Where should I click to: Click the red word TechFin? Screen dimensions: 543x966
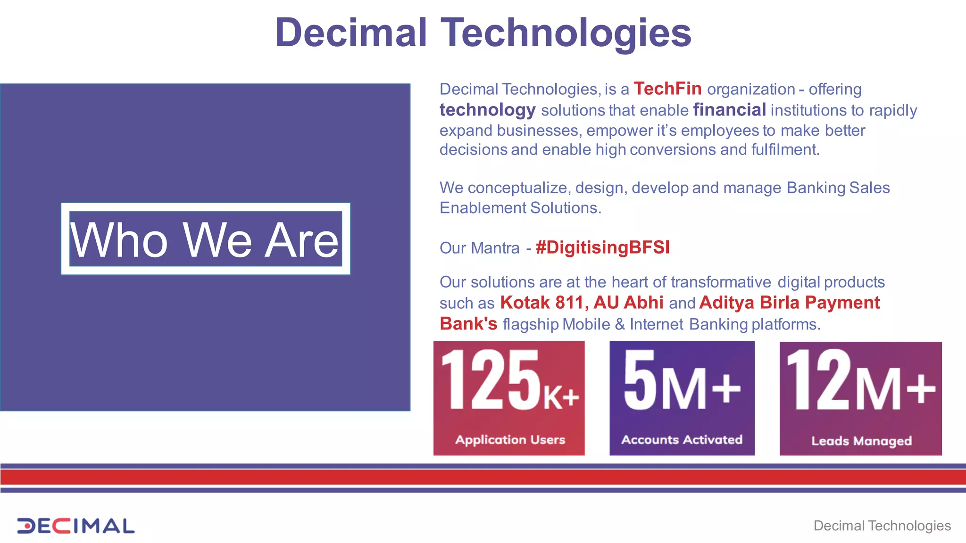tap(667, 89)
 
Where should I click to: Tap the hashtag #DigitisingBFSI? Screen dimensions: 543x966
tap(602, 247)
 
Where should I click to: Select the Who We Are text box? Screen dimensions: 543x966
tap(205, 239)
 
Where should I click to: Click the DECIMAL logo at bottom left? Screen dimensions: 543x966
tap(75, 526)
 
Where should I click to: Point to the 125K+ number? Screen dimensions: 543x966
tap(509, 381)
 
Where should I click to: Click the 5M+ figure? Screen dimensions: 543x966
tap(682, 381)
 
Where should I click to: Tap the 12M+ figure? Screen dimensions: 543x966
tap(860, 381)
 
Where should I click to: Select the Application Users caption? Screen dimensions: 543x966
tap(510, 440)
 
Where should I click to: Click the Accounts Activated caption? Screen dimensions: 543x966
tap(682, 440)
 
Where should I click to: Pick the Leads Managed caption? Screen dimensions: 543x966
tap(861, 441)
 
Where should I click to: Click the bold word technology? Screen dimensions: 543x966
tap(487, 110)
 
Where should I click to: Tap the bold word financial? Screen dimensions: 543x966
tap(729, 110)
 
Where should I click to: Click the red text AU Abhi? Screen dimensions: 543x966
tap(628, 303)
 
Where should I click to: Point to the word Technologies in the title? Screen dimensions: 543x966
tap(566, 33)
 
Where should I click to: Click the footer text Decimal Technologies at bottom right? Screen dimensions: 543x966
tap(882, 526)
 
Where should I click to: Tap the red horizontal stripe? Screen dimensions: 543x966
tap(483, 477)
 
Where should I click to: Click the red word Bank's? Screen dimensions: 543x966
tap(468, 324)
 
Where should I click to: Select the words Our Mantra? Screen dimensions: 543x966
tap(479, 248)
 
